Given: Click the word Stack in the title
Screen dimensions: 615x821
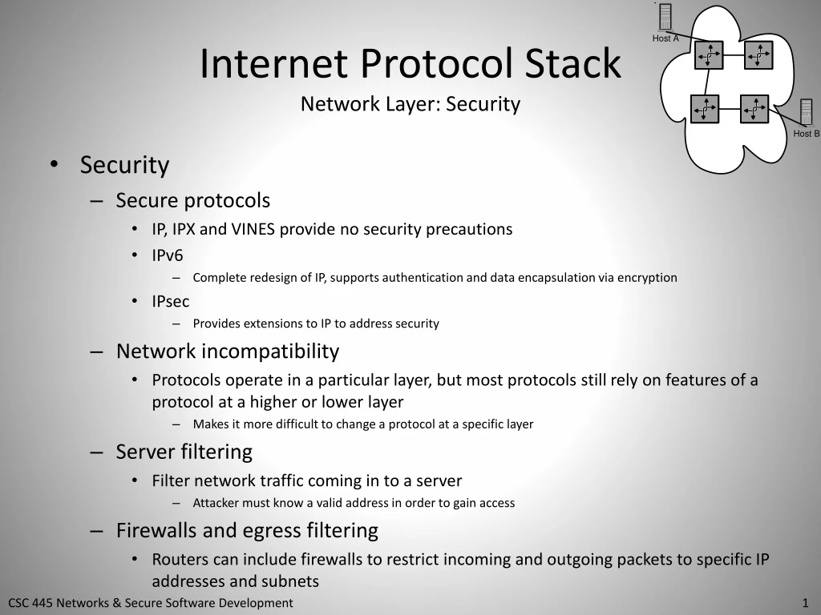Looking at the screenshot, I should pos(573,64).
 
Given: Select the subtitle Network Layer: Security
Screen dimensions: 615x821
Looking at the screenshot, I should pos(410,104).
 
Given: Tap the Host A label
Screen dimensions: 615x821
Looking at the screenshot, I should pos(665,38).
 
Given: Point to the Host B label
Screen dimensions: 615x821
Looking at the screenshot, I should pos(806,134).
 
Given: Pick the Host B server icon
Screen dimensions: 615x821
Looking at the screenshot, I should pos(806,113).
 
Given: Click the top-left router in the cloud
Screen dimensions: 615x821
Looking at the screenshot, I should pos(709,55).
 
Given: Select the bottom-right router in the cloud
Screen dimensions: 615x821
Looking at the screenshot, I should pos(754,108).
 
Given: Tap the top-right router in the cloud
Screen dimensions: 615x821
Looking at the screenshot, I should pos(758,55).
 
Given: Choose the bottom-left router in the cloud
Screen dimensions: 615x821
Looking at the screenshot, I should pos(705,108).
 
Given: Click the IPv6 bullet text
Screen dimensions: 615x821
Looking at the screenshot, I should pos(168,255).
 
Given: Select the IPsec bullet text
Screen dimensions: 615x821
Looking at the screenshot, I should pos(171,302).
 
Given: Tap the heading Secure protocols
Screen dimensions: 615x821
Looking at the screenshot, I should pos(193,200).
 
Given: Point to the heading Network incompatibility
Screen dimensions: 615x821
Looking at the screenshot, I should pos(228,352).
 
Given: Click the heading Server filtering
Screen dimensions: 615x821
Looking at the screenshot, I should pos(184,452).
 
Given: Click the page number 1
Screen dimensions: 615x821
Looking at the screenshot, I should pos(804,603).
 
